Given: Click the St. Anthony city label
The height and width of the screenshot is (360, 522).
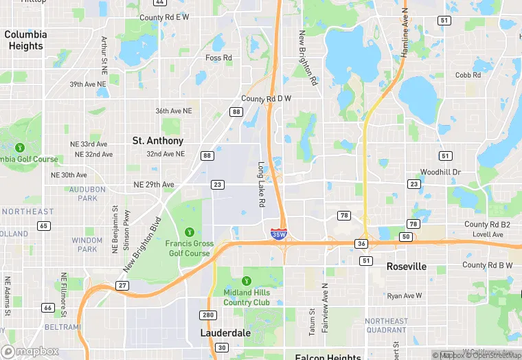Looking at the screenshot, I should click(x=158, y=140).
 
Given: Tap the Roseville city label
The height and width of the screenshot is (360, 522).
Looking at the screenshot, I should click(x=406, y=266).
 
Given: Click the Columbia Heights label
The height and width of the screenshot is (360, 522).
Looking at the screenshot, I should click(x=25, y=40).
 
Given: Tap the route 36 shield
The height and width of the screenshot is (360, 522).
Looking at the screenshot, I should click(x=361, y=244).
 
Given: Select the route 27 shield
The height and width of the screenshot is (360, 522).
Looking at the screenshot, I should click(x=122, y=285).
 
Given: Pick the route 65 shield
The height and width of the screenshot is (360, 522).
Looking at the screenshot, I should click(x=45, y=226).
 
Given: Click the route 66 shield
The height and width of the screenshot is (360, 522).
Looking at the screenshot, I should click(x=47, y=308).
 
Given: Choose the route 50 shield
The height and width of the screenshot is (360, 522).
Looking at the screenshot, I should click(x=406, y=237).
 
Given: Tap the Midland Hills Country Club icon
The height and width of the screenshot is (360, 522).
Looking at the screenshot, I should click(x=247, y=280).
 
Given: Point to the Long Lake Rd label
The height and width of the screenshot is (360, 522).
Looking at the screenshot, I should click(x=261, y=184).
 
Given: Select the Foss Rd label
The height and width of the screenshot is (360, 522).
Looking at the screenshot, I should click(x=218, y=58).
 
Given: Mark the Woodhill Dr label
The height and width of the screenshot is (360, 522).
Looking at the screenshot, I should click(x=441, y=172).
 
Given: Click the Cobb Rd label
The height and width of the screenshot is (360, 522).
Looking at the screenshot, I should click(x=468, y=76).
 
